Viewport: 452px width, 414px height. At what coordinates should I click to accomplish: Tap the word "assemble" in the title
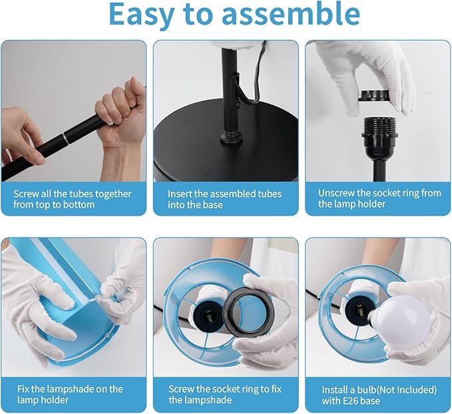(290, 13)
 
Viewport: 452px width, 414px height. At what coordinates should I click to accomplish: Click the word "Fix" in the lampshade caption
(23, 389)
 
